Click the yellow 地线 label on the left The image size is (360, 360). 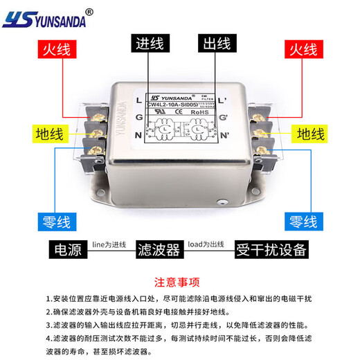coord(51,134)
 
